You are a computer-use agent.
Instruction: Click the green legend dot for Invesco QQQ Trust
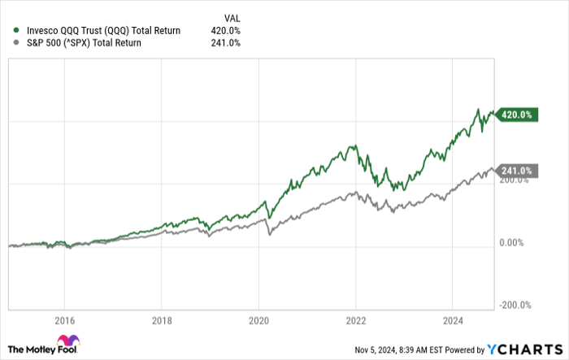pos(16,31)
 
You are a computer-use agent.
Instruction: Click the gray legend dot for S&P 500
pos(16,43)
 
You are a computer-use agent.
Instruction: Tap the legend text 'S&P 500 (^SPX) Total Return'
pos(83,43)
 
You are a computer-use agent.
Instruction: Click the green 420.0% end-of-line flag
pos(515,115)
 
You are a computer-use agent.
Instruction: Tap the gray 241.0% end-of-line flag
pos(515,171)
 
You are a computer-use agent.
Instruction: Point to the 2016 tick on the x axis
pos(64,320)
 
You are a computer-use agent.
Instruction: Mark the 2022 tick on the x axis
pos(355,320)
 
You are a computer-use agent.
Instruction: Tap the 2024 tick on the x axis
pos(453,320)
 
